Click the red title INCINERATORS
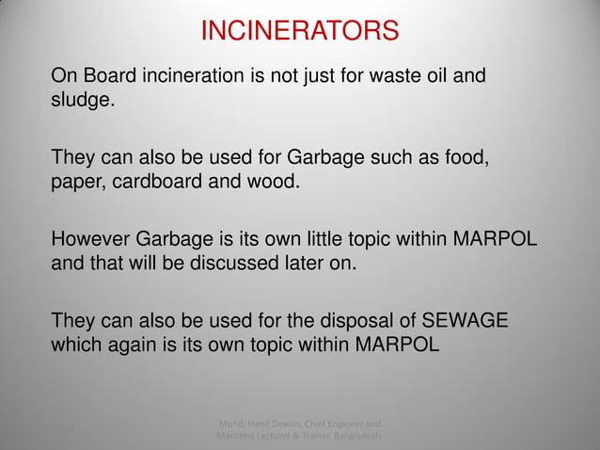point(300,32)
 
